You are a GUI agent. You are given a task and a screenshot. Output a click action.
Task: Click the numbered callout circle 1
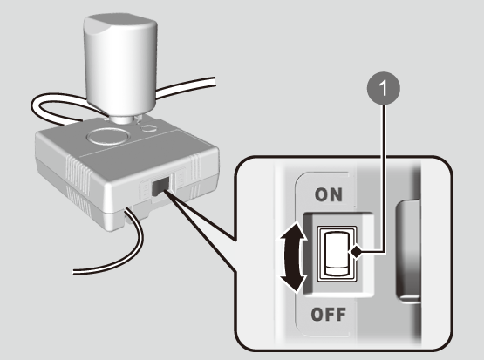coord(384,88)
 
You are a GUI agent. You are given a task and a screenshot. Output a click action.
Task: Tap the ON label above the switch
coord(329,194)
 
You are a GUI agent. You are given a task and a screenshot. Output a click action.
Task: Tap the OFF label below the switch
coord(329,315)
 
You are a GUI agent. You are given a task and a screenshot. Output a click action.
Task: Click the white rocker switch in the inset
coord(337,254)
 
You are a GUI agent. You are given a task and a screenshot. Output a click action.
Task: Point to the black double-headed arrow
coord(293,257)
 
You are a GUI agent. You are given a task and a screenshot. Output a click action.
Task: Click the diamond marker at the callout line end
coord(356,252)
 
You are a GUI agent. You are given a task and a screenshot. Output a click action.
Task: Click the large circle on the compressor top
coord(108,136)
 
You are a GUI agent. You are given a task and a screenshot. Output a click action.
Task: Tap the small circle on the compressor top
coord(149,128)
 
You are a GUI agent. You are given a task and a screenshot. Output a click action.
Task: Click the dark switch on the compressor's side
coord(160,187)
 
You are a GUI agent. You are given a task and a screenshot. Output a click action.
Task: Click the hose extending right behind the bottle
coord(185,87)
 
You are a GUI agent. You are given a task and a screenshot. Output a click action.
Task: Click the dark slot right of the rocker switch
coord(408,251)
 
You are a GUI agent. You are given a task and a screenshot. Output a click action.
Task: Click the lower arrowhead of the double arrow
coord(293,282)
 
